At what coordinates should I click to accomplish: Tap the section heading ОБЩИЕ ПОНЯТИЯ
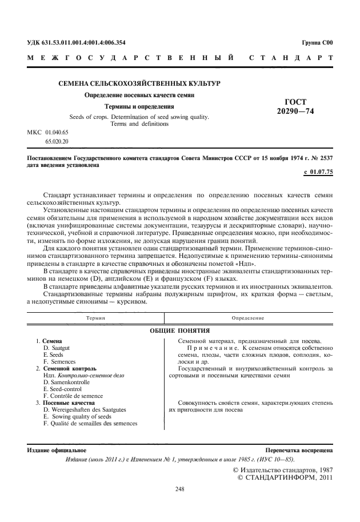click(180, 330)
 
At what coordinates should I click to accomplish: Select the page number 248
click(180, 489)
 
